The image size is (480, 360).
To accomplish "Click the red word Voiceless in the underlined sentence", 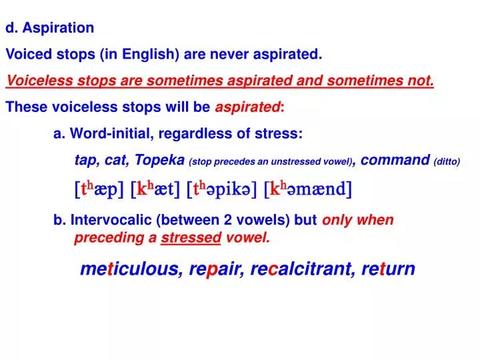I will tap(33, 81).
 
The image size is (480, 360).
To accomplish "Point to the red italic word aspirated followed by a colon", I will tap(247, 107).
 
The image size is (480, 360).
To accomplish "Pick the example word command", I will tap(397, 160).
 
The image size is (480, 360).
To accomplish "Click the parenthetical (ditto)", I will tap(447, 161).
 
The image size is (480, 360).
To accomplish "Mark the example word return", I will tap(388, 269).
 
